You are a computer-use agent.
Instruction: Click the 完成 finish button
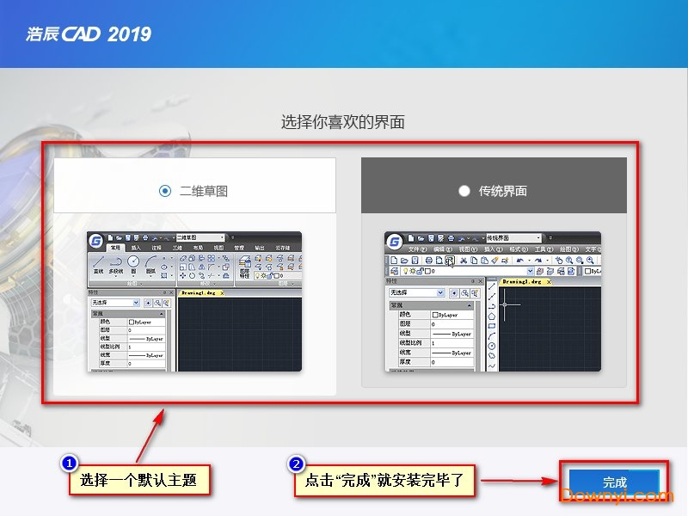[614, 482]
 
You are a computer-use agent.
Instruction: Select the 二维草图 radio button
[165, 191]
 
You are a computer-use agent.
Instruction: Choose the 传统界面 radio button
[464, 191]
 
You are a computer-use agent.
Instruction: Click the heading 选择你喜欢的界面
[343, 122]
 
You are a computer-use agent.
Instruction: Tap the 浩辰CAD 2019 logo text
[89, 34]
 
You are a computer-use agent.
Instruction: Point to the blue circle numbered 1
[70, 464]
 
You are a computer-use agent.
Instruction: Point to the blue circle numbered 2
[296, 464]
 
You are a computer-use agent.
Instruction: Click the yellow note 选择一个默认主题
[138, 481]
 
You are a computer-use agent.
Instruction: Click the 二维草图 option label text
[204, 191]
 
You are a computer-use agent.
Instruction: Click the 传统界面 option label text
[503, 191]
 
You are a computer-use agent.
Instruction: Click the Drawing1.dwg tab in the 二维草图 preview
[201, 292]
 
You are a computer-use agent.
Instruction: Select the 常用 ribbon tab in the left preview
[116, 248]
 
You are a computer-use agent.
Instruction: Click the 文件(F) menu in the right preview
[417, 249]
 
